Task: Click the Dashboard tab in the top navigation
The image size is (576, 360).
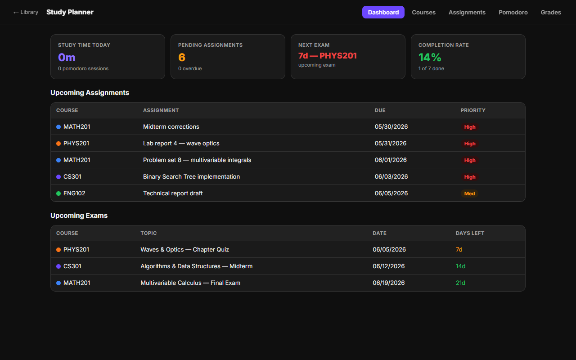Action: coord(383,12)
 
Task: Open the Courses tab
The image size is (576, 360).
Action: coord(423,12)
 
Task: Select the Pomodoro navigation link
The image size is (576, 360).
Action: coord(513,12)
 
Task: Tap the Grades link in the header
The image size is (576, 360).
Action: coord(550,12)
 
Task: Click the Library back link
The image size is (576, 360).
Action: coord(26,12)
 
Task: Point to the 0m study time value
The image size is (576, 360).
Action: coord(67,57)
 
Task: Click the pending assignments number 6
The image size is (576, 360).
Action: coord(181,57)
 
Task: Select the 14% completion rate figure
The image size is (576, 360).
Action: coord(430,57)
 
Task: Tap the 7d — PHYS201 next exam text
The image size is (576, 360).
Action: coord(327,55)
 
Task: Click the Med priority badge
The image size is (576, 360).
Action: coord(469,193)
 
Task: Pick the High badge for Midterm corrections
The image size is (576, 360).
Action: coord(469,127)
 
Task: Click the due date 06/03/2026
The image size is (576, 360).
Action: coord(391,177)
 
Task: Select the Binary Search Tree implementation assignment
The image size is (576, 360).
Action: coord(191,177)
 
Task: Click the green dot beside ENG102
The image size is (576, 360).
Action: coord(58,193)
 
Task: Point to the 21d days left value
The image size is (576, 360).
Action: coord(460,283)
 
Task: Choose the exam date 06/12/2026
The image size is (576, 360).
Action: coord(388,266)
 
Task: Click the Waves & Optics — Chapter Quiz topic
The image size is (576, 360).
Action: coord(184,249)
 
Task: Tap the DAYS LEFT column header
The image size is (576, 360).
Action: coord(470,233)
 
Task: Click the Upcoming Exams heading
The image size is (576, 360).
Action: coord(79,216)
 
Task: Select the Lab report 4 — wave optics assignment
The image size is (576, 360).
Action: coord(181,143)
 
